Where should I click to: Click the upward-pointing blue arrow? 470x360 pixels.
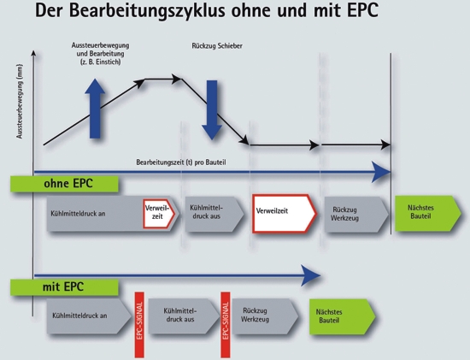pos(95,109)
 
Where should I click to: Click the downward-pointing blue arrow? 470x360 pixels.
pos(212,109)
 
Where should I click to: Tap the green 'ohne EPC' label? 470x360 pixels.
pos(64,184)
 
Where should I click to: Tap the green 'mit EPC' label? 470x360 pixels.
pos(64,287)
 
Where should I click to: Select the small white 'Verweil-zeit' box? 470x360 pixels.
pos(159,213)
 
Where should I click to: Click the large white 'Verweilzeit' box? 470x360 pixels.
pos(285,213)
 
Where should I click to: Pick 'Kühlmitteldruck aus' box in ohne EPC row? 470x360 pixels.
pos(214,214)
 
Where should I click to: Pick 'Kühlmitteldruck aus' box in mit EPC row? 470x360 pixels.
pos(184,316)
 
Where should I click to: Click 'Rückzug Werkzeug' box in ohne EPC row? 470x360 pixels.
pos(356,214)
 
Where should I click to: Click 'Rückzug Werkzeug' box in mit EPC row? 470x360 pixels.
pos(265,316)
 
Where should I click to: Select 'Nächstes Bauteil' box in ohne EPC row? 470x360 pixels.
pos(428,213)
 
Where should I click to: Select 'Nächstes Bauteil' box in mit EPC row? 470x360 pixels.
pos(343,316)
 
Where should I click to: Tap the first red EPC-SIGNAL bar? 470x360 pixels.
pos(139,325)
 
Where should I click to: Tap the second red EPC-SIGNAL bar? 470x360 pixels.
pos(226,325)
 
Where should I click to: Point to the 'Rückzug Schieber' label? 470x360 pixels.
pos(217,46)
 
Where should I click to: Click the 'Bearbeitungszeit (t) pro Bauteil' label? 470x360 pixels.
pos(181,162)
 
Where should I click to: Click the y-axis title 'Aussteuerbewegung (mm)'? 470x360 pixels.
pos(20,102)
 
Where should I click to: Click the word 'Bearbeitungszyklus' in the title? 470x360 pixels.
pos(148,10)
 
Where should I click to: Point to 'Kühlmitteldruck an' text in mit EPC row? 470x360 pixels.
pos(79,316)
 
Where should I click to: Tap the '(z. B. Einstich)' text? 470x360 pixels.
pos(101,62)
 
